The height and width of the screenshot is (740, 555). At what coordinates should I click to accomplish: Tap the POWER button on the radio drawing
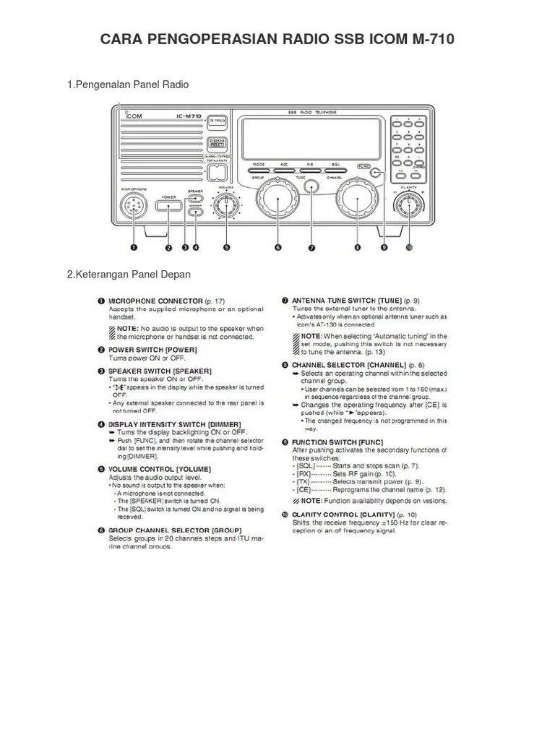click(x=169, y=207)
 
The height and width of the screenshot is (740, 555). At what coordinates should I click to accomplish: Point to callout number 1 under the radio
click(x=133, y=247)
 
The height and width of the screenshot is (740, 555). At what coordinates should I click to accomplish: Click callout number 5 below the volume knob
click(x=226, y=247)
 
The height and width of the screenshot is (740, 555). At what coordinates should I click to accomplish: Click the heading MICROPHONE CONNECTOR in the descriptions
click(x=155, y=301)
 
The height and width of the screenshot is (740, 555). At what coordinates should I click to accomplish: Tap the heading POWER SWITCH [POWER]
click(x=152, y=349)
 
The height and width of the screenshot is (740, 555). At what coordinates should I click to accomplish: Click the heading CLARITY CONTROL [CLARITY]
click(x=344, y=514)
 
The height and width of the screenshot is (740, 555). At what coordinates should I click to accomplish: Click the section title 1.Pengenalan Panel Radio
click(x=128, y=85)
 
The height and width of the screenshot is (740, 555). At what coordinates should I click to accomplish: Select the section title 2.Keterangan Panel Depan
click(x=129, y=274)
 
